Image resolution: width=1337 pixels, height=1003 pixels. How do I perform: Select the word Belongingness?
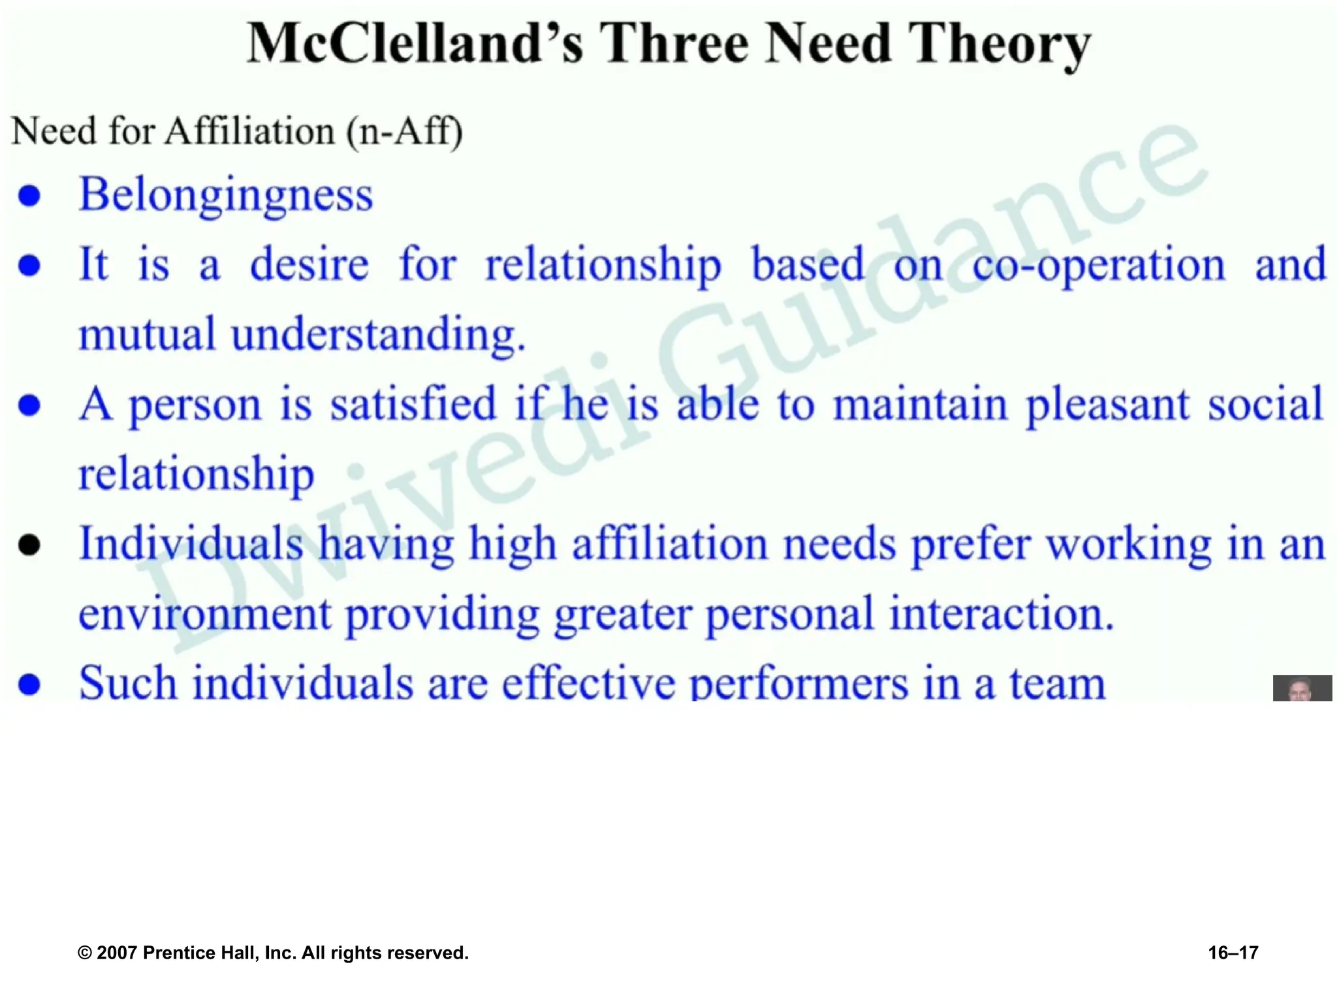point(226,195)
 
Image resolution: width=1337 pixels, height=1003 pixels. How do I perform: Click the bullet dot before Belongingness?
point(29,195)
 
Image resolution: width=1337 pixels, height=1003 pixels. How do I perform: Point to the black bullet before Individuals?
point(29,545)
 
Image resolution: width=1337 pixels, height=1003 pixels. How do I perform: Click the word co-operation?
point(1098,265)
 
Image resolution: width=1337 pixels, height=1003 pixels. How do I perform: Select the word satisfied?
point(413,404)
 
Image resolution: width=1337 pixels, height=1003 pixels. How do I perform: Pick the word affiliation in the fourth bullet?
point(669,544)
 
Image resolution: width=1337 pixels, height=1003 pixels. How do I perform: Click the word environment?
point(205,614)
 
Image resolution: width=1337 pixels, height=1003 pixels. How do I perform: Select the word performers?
point(798,683)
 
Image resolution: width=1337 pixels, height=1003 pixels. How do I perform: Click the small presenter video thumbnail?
point(1302,688)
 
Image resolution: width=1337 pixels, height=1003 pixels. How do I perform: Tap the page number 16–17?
point(1233,953)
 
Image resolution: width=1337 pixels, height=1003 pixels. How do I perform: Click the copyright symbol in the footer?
point(84,953)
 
